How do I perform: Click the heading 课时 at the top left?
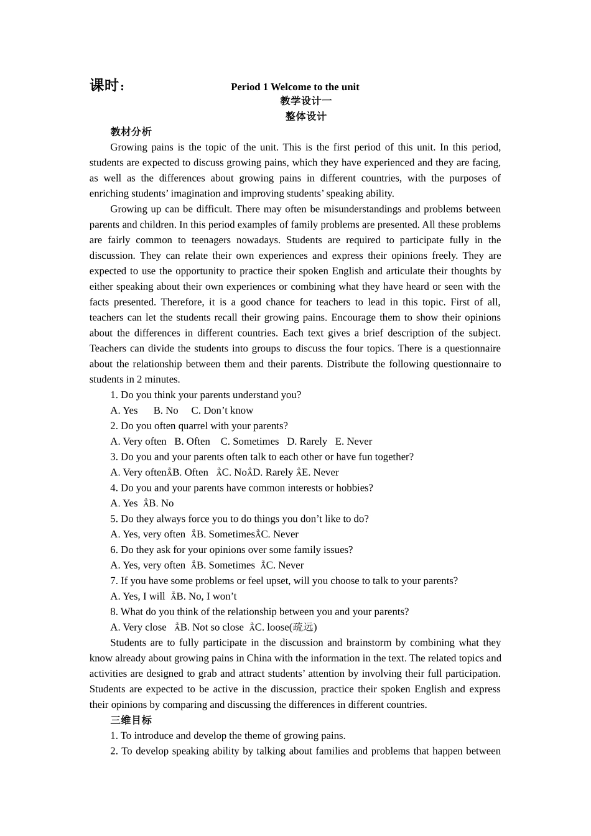107,86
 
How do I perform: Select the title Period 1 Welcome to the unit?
295,87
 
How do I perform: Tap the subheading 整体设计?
305,116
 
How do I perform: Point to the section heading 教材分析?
131,132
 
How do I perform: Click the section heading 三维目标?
131,720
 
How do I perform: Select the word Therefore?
181,302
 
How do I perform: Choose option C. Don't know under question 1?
222,411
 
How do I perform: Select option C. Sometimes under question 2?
249,442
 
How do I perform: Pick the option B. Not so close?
212,628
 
